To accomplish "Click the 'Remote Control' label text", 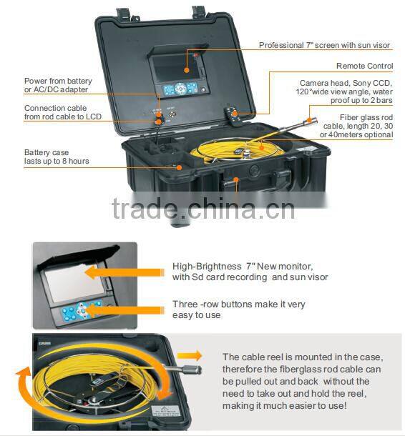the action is pos(365,66).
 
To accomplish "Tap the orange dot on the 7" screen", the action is pos(187,70).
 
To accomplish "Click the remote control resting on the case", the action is pos(233,116).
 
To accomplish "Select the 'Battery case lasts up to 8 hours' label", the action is pos(57,157).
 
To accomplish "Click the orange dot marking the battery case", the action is pos(180,167).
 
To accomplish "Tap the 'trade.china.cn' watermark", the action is pos(203,209).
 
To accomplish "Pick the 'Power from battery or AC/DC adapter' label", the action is pos(58,85).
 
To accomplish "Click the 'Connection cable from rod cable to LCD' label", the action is pos(63,112).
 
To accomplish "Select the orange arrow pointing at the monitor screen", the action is pos(125,272).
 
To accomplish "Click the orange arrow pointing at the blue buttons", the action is pos(125,310).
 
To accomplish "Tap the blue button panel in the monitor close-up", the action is pos(82,310).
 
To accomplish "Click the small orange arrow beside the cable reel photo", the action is pos(190,356).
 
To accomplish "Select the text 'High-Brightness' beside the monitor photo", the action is pos(207,267).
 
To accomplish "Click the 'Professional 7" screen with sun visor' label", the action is pos(324,45).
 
